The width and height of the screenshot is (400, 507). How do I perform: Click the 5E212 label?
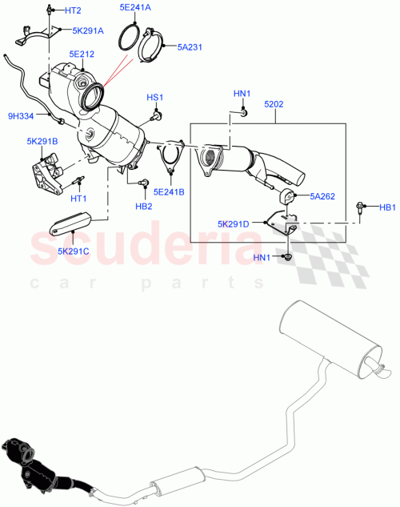[x=82, y=54]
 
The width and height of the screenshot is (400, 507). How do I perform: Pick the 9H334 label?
[x=21, y=115]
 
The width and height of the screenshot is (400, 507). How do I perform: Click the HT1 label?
[x=78, y=198]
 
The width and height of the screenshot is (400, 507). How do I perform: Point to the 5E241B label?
[x=170, y=192]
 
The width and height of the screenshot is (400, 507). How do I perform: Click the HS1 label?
[x=154, y=98]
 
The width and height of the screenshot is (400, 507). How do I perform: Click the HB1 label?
[x=388, y=208]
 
